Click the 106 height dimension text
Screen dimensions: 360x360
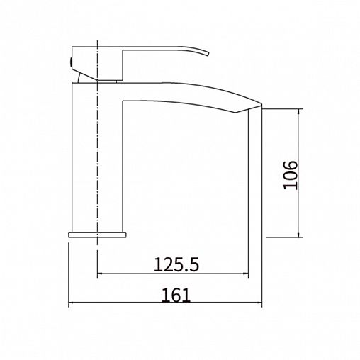tap(290, 175)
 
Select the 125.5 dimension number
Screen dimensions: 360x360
tap(176, 264)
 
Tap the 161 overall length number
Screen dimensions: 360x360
tap(176, 295)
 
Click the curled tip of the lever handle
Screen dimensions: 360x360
tap(208, 54)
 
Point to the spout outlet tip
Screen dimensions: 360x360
tap(261, 104)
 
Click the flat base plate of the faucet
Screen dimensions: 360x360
tap(97, 235)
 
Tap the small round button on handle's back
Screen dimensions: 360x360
tap(70, 62)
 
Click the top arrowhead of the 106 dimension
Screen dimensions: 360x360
tap(299, 112)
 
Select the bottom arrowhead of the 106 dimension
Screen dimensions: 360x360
tap(299, 235)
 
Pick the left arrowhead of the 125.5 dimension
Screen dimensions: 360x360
tap(101, 274)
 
